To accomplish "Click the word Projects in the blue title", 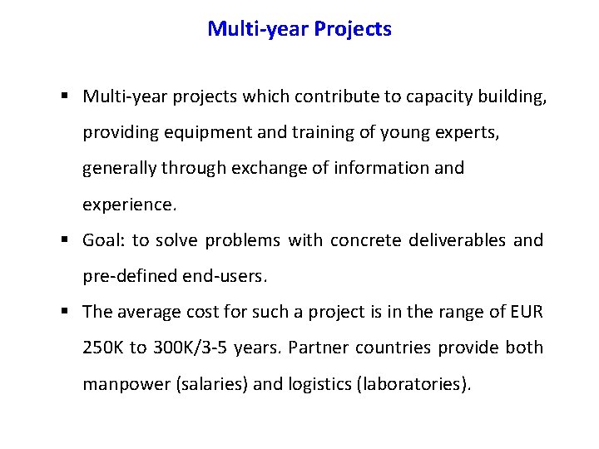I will click(x=353, y=29).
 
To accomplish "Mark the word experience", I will click(x=128, y=205).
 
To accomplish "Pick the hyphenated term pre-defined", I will click(x=129, y=277).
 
